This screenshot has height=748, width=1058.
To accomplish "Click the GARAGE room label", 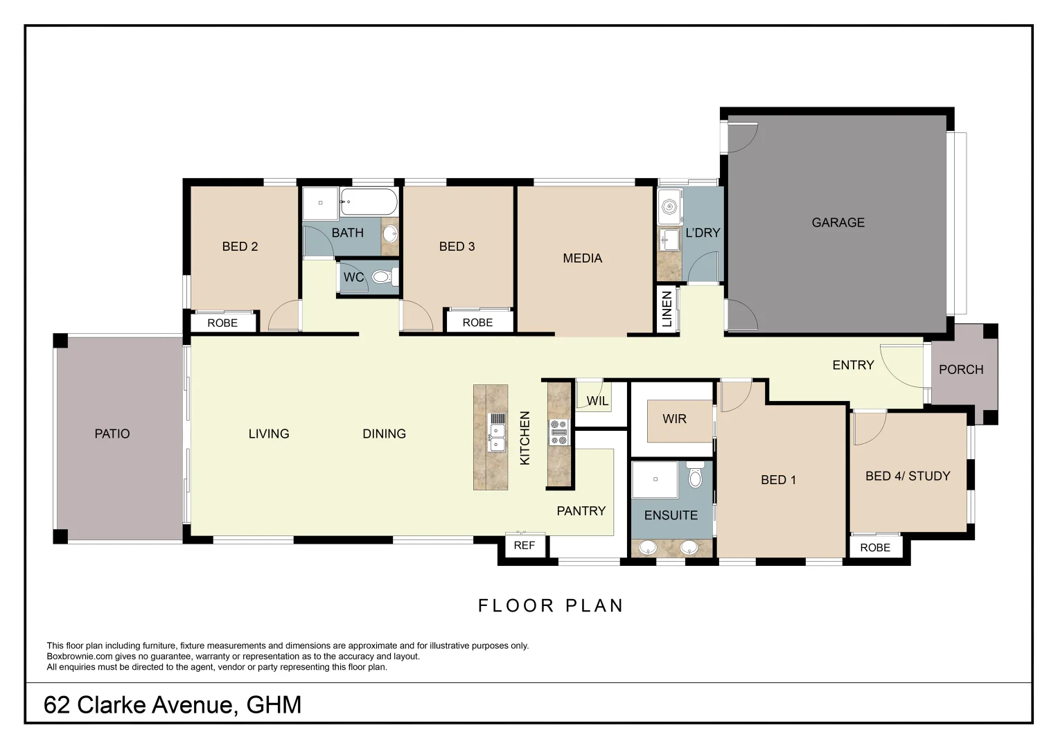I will click(x=838, y=222).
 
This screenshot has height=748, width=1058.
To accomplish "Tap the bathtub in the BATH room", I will click(x=369, y=203).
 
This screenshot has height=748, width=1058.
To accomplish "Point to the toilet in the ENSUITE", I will click(x=695, y=477).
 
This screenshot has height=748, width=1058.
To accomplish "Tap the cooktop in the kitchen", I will click(x=558, y=432).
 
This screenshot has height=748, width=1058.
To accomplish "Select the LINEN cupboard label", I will click(x=667, y=309).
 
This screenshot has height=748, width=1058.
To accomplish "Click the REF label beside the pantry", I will click(x=524, y=546).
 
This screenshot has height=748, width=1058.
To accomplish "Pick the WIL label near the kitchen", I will click(x=597, y=401).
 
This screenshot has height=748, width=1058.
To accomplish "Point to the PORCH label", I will click(x=960, y=369).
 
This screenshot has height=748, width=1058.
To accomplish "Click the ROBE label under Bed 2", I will click(x=222, y=323).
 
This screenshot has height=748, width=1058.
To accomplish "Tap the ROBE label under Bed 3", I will click(x=477, y=323).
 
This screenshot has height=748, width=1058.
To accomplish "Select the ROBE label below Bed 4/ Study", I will click(x=875, y=547).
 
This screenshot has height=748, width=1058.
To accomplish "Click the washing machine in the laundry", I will click(x=670, y=206).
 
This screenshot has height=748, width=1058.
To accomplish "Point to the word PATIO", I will click(x=112, y=434).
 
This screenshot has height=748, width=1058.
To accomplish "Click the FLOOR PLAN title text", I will click(x=551, y=605).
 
